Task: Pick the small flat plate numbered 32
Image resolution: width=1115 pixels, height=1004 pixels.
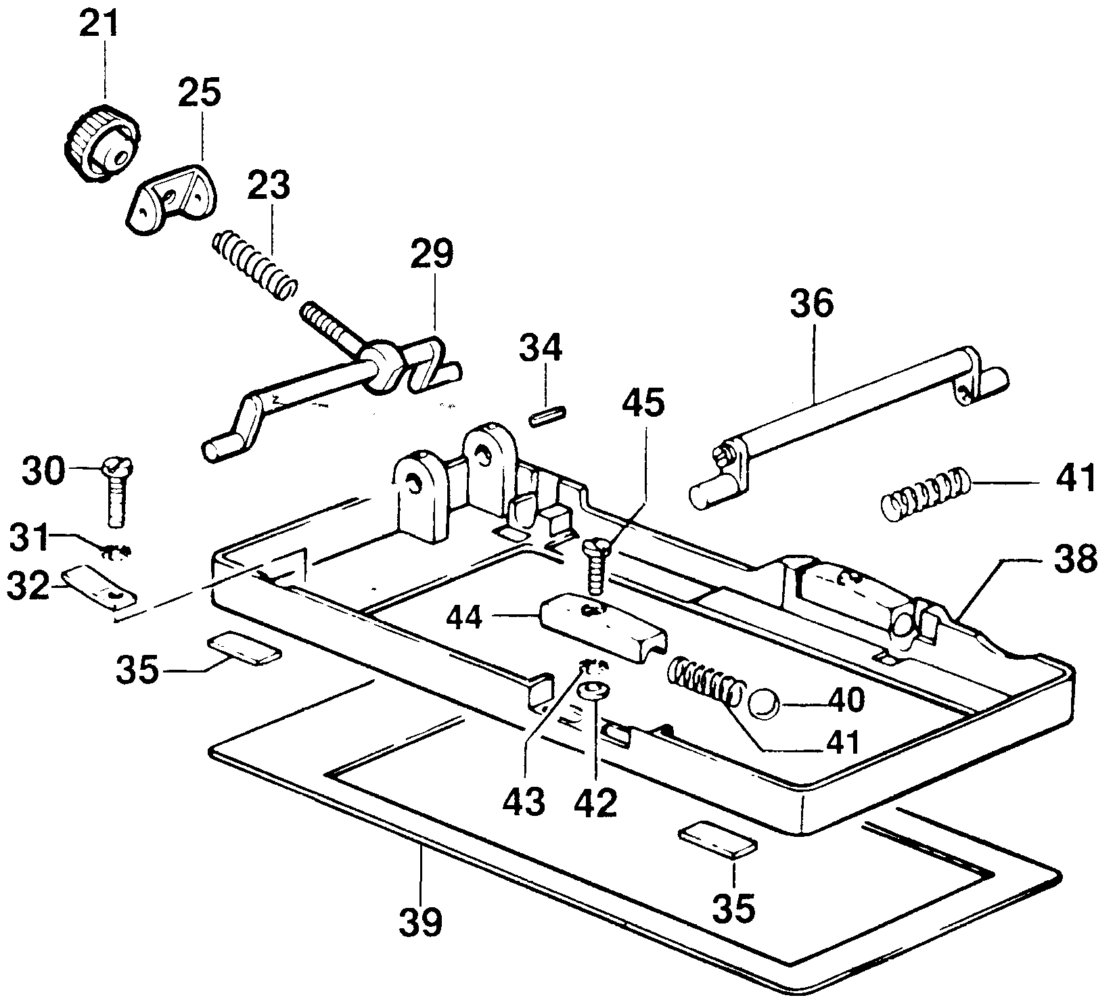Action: click(x=99, y=586)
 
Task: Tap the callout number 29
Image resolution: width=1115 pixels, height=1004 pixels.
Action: click(x=432, y=254)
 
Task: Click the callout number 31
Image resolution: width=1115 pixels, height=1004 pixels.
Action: click(x=30, y=541)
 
